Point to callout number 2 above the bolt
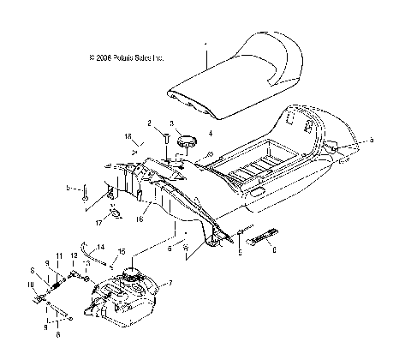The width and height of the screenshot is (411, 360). pos(149,123)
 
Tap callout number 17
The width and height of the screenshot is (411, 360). pos(99,223)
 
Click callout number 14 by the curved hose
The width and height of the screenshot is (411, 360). pos(101,247)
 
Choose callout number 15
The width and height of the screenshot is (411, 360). pos(121,251)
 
